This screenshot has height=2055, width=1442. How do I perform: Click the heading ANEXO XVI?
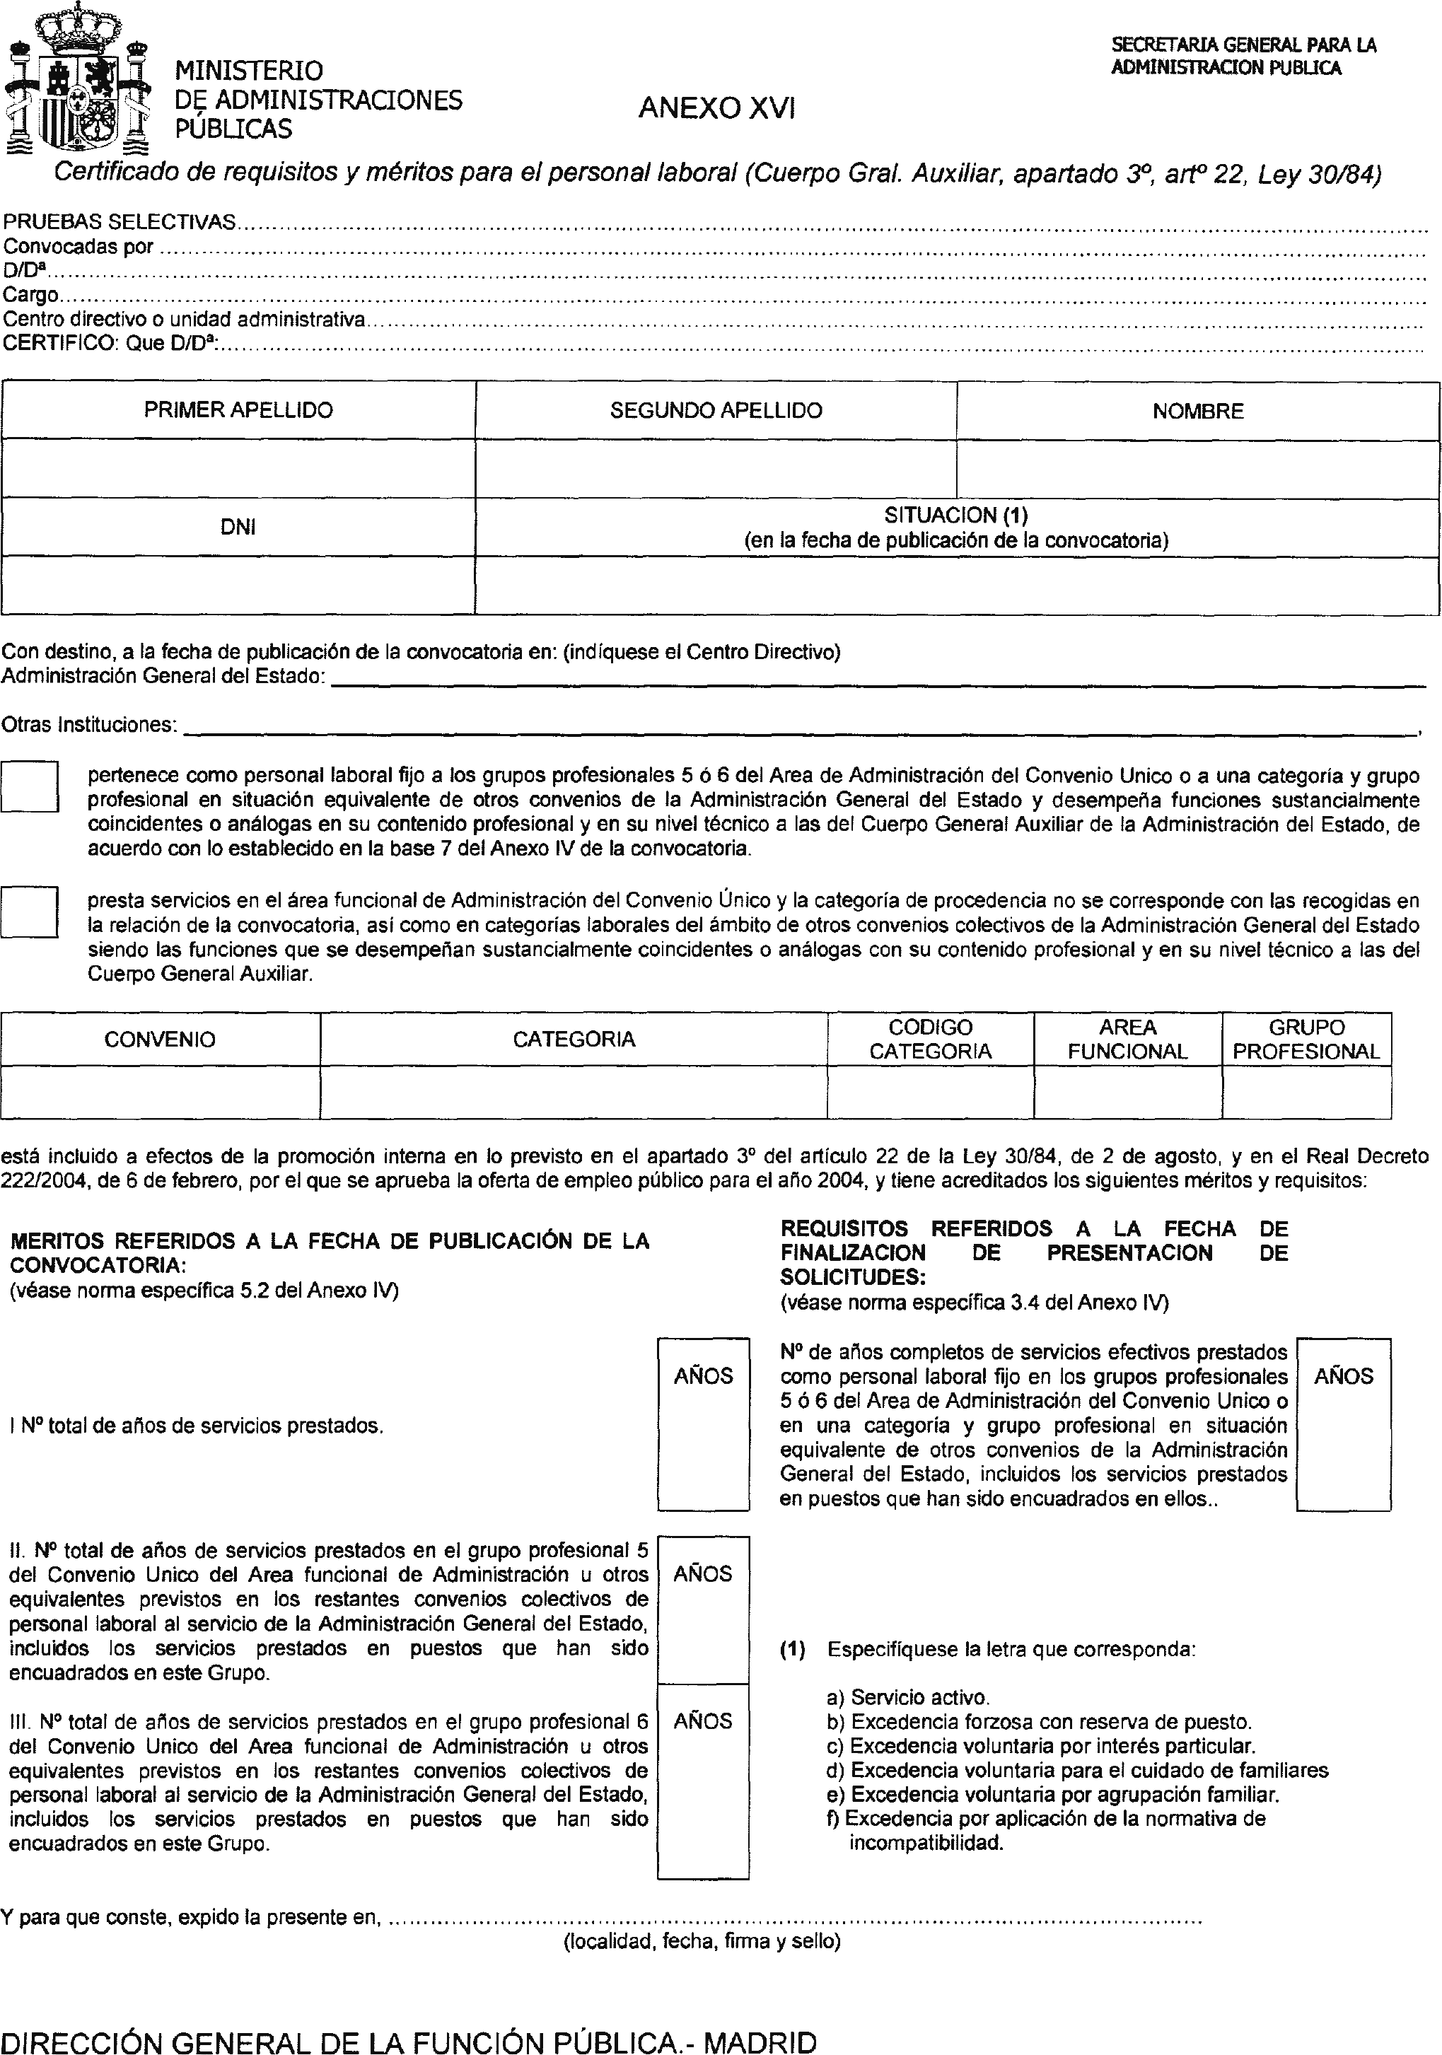[716, 108]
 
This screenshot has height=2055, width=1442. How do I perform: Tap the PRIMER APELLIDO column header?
[238, 411]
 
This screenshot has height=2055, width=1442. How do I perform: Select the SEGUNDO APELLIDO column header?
[716, 411]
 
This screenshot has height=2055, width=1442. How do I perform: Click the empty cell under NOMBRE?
[1197, 469]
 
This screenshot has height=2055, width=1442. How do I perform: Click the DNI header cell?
[238, 527]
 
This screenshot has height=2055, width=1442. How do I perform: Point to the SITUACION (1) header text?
[956, 516]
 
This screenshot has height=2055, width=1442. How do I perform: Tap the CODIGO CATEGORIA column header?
[930, 1039]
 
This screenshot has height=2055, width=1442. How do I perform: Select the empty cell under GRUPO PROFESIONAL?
[1306, 1092]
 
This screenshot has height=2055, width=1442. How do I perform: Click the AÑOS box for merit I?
[703, 1423]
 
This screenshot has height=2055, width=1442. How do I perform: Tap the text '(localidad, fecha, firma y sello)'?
[702, 1941]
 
